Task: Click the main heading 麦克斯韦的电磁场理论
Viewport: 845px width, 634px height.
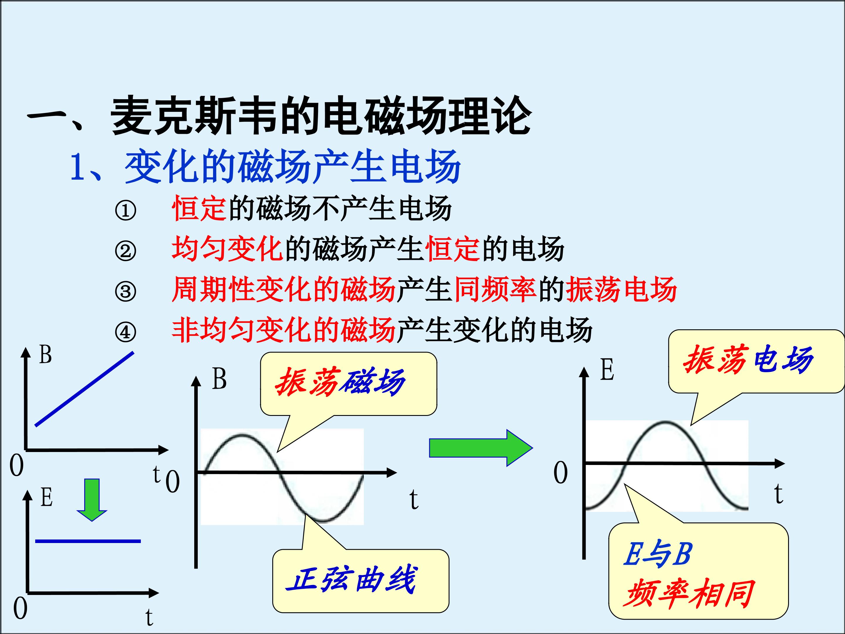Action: click(321, 115)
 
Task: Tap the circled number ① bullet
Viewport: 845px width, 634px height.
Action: click(125, 210)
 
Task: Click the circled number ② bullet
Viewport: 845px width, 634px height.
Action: click(125, 251)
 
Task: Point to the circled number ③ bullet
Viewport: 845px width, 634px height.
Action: click(125, 291)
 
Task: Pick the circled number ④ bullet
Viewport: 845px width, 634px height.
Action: click(125, 332)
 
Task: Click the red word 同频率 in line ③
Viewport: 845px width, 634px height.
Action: click(495, 289)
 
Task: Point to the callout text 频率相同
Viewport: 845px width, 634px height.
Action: click(689, 593)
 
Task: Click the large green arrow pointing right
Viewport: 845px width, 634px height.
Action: click(481, 448)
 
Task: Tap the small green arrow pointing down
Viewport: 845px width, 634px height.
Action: click(92, 500)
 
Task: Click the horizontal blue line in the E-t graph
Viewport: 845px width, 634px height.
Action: click(88, 541)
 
